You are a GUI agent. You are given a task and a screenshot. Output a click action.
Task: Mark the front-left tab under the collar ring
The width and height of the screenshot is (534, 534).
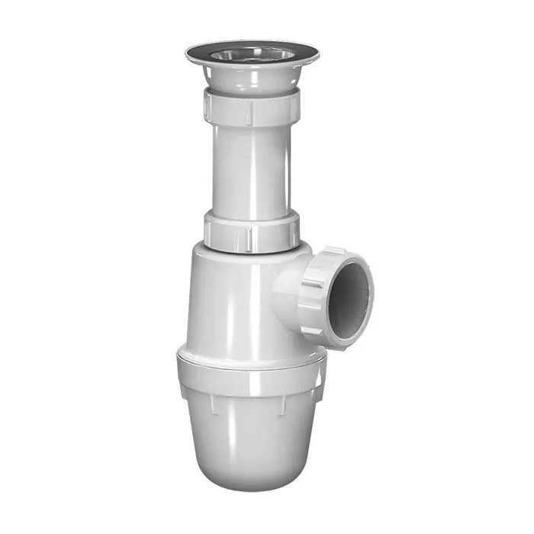(211, 404)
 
